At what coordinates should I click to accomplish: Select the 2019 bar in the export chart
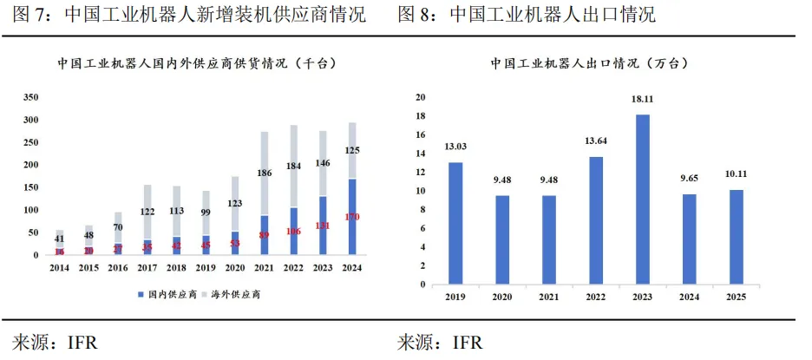(x=455, y=223)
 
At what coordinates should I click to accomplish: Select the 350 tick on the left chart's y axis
(x=30, y=97)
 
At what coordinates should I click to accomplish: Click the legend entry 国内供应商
(x=164, y=295)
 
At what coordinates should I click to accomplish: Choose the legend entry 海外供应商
(x=235, y=295)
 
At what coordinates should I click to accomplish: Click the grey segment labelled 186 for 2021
(x=265, y=173)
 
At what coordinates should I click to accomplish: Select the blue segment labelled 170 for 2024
(x=351, y=217)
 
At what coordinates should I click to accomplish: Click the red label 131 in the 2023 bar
(x=322, y=226)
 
